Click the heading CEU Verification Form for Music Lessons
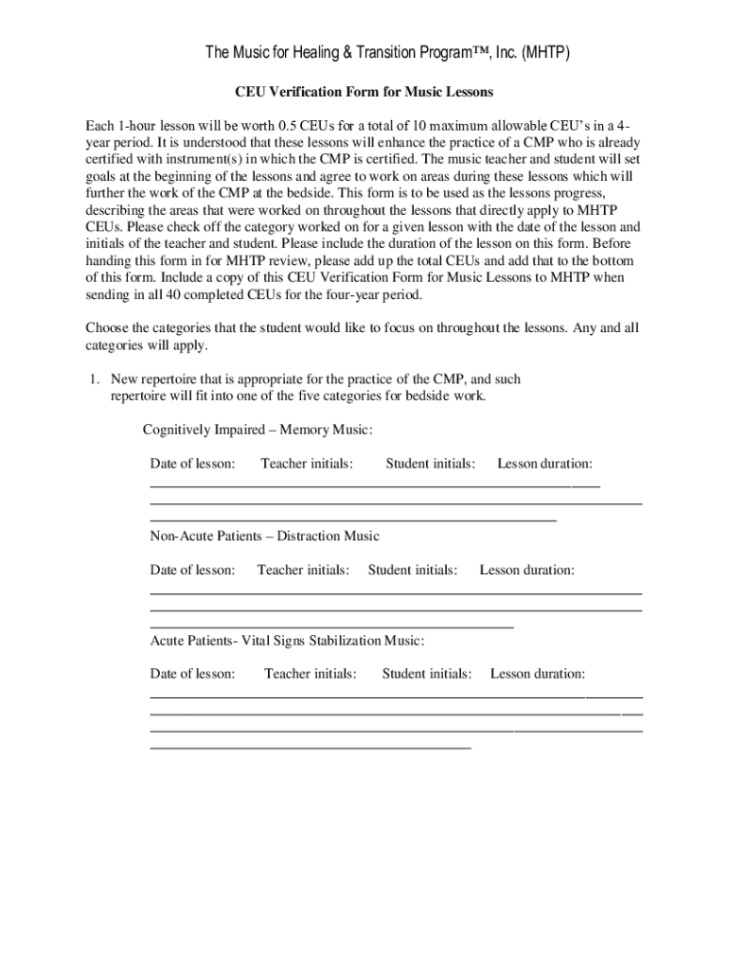pyautogui.click(x=364, y=93)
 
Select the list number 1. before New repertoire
pyautogui.click(x=95, y=379)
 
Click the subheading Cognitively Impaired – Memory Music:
pyautogui.click(x=258, y=430)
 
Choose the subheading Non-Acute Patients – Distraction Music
pyautogui.click(x=264, y=536)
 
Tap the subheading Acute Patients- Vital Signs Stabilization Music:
pyautogui.click(x=287, y=640)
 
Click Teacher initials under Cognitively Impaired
pyautogui.click(x=307, y=464)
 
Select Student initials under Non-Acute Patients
pyautogui.click(x=413, y=570)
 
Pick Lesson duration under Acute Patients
pyautogui.click(x=538, y=674)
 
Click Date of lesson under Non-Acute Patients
pyautogui.click(x=192, y=570)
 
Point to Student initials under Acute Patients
pyautogui.click(x=427, y=674)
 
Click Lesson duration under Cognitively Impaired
pyautogui.click(x=545, y=464)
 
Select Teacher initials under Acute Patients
pyautogui.click(x=311, y=674)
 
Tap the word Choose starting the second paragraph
pyautogui.click(x=107, y=327)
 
